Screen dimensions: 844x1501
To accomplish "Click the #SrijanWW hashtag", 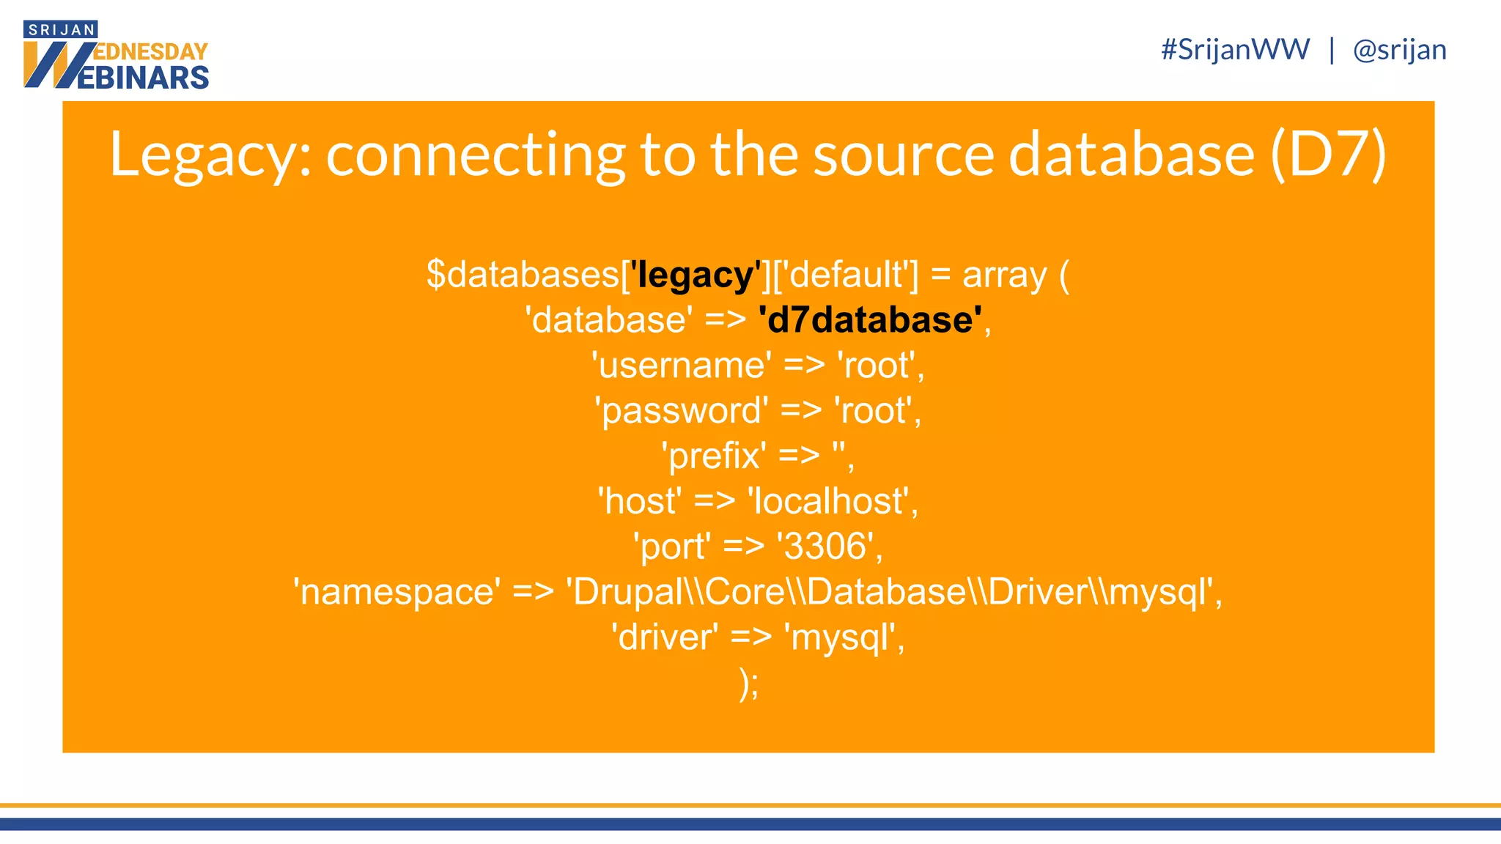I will [x=1235, y=50].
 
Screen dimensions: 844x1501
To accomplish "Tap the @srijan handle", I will [x=1399, y=50].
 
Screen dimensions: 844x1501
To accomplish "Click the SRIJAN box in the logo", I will [x=61, y=30].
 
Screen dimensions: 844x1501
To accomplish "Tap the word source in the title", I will [x=903, y=155].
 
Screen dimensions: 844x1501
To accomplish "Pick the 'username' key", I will [x=682, y=365].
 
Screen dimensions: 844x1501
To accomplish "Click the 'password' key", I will [x=682, y=410].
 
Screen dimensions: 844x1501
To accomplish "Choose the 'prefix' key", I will [x=714, y=456].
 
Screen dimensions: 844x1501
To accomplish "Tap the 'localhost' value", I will [x=832, y=501].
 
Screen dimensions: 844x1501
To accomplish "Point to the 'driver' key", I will [x=665, y=637].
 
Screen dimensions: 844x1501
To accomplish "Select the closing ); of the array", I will [x=749, y=684].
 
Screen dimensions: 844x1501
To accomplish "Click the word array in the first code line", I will [x=1004, y=275].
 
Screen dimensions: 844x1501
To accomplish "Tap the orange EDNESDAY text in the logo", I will [x=151, y=52].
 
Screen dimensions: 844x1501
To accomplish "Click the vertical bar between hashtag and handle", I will [x=1331, y=50].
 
